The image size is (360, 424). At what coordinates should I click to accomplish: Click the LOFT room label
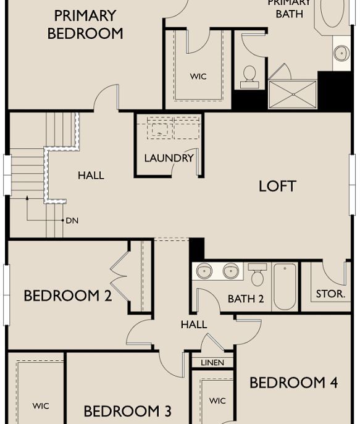[x=277, y=186]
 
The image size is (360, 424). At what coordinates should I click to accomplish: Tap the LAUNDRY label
[x=169, y=158]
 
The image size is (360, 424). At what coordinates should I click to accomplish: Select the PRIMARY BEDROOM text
[x=85, y=25]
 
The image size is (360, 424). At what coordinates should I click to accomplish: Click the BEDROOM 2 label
[x=68, y=295]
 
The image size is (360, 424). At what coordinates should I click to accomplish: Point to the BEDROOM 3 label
[x=127, y=411]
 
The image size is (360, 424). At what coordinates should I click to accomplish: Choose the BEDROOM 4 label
[x=293, y=383]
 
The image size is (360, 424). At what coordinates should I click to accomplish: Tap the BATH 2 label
[x=246, y=299]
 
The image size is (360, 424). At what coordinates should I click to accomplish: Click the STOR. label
[x=330, y=294]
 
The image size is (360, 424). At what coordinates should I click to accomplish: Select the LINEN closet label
[x=212, y=363]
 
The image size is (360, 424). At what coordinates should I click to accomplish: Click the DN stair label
[x=72, y=221]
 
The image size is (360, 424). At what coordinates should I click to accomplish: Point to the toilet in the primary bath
[x=249, y=77]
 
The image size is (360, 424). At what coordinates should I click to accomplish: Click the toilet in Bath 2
[x=257, y=274]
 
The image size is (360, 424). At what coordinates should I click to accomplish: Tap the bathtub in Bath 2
[x=285, y=287]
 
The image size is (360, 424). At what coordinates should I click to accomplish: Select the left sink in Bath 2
[x=204, y=271]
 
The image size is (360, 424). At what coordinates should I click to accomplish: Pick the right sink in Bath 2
[x=231, y=271]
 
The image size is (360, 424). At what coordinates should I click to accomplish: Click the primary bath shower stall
[x=293, y=95]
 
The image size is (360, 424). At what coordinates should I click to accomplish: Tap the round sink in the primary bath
[x=341, y=53]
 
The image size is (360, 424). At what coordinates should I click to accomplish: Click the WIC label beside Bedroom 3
[x=41, y=406]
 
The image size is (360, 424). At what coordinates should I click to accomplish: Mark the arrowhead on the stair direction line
[x=27, y=198]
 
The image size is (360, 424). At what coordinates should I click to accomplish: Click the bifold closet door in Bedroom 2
[x=119, y=276]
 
